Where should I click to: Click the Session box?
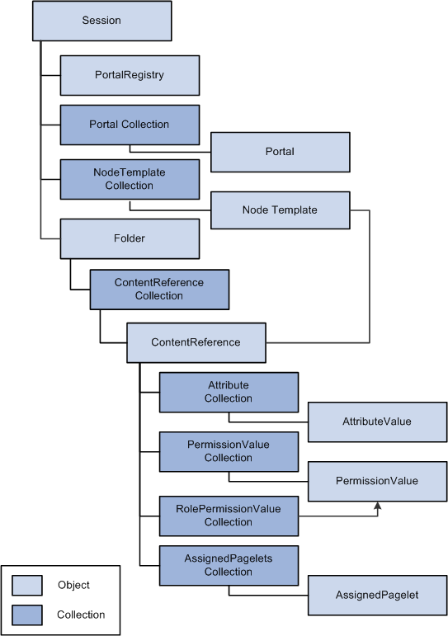pos(101,21)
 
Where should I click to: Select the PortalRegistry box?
pos(130,75)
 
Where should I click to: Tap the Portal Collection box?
pos(130,125)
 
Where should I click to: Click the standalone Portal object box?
pos(280,152)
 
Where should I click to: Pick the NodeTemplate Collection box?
pos(130,179)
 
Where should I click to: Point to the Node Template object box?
pos(280,210)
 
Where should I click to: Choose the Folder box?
pos(130,239)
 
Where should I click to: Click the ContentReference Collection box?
pos(159,290)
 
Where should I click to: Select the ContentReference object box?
pos(196,342)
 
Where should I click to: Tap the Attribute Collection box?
pos(229,392)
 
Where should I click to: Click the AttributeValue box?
pos(377,422)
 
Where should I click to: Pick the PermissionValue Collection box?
pos(229,452)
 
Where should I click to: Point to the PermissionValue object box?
pos(377,482)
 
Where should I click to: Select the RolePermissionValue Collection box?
pos(229,516)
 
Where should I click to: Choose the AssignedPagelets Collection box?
pos(229,565)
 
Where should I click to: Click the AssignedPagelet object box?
pos(377,595)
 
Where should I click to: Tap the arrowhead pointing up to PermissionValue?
pos(378,506)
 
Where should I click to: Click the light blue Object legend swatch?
pos(26,586)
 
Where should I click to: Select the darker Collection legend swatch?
pos(26,615)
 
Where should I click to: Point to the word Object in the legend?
pos(73,586)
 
